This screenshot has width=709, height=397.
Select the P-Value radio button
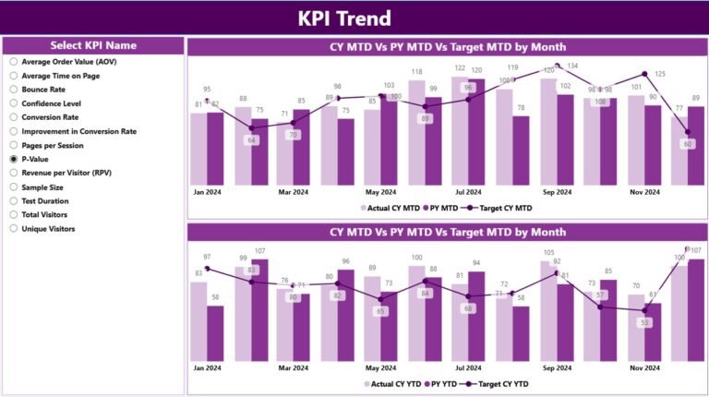14,159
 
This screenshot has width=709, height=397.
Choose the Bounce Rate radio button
14,90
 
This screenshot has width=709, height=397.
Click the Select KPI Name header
92,45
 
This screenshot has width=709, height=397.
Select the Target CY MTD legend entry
499,208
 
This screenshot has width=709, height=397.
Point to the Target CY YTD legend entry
499,383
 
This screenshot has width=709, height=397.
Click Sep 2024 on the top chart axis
557,192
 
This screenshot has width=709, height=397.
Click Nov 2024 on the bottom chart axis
644,367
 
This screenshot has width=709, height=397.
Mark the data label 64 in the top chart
250,140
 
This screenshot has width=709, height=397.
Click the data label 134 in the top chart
572,66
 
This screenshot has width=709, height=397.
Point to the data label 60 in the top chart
688,144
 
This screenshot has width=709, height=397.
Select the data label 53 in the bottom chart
644,322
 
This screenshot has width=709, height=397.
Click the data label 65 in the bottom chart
380,311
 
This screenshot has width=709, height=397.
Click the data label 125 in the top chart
660,74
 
